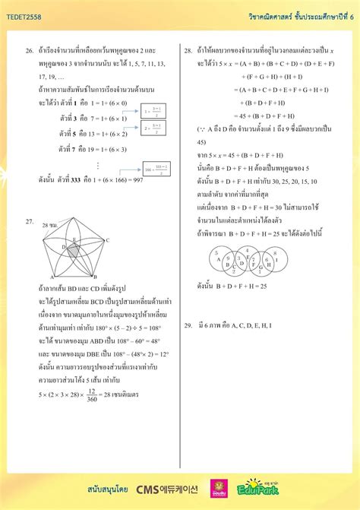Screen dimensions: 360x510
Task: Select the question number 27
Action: click(30, 221)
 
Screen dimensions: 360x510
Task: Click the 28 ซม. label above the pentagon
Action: click(49, 226)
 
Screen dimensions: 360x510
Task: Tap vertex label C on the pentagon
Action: click(108, 241)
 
